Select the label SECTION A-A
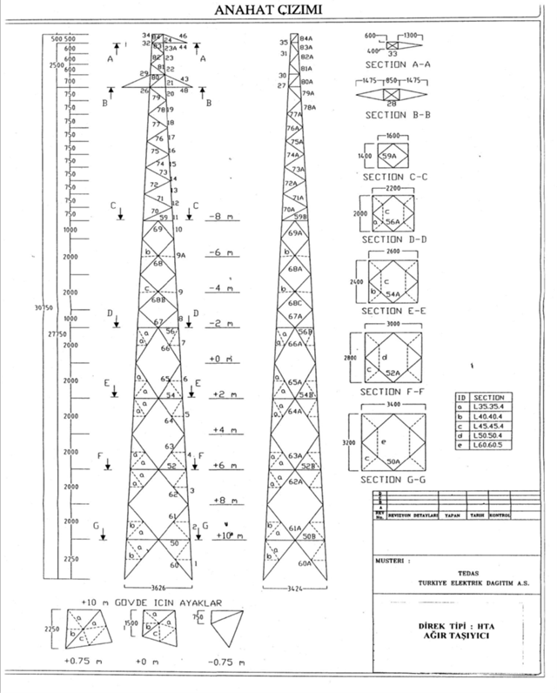(396, 65)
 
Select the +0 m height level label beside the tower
(219, 359)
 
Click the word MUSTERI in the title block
(391, 561)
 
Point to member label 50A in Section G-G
(393, 461)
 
